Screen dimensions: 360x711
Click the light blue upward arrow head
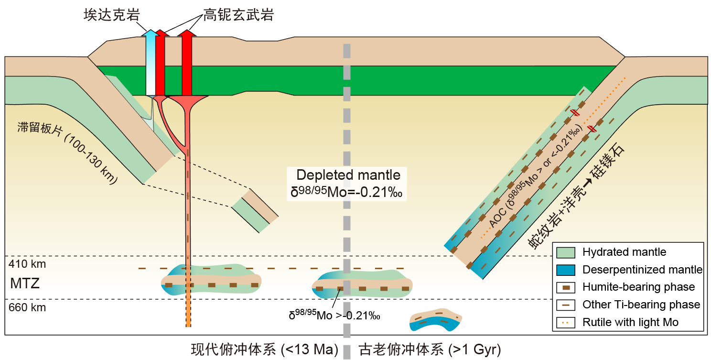click(151, 34)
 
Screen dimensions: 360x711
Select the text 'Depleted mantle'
click(348, 175)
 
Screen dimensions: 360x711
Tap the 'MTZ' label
click(24, 284)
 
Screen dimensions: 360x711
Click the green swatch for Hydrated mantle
click(567, 252)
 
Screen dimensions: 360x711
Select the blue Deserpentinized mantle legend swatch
click(567, 270)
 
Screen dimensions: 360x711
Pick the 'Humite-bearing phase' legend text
click(638, 287)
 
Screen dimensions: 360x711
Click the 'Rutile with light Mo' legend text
click(630, 322)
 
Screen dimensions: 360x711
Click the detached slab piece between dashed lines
click(255, 210)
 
